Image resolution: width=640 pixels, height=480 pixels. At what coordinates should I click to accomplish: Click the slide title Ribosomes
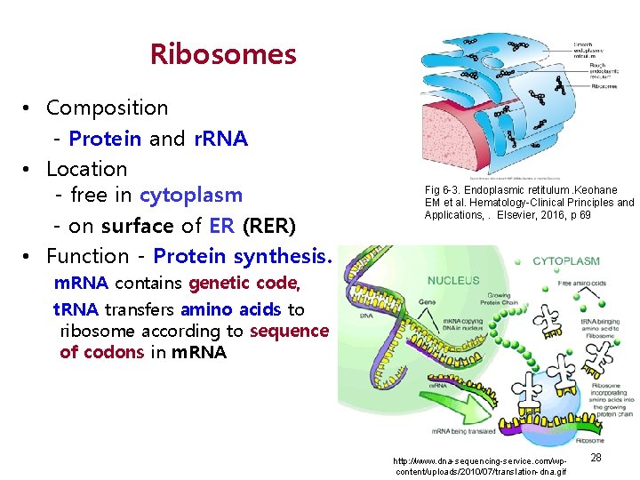tap(223, 55)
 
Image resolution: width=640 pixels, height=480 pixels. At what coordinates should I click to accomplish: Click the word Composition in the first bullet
tap(107, 108)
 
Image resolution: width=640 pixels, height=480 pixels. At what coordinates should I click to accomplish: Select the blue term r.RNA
tap(220, 139)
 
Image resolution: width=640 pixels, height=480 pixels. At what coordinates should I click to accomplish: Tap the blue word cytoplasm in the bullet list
tap(190, 195)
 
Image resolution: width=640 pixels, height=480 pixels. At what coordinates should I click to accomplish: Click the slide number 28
tap(596, 457)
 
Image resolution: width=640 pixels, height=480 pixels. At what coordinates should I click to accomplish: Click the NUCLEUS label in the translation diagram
tap(453, 280)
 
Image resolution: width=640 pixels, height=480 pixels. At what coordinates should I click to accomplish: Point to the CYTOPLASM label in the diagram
tap(566, 261)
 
